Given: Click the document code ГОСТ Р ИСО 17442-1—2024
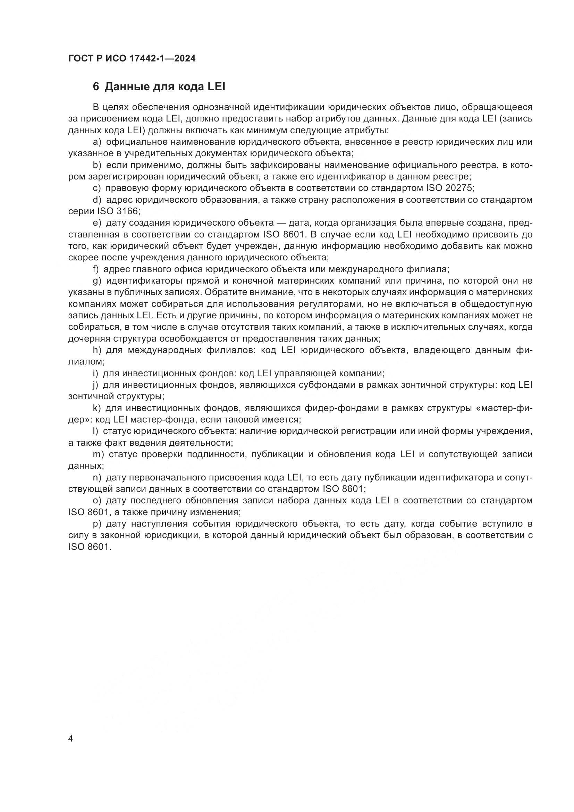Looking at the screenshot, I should coord(132,58).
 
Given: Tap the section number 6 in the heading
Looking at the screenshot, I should coord(96,87).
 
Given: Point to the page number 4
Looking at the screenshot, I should coord(70,739).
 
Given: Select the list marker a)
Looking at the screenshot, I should coord(97,142).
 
